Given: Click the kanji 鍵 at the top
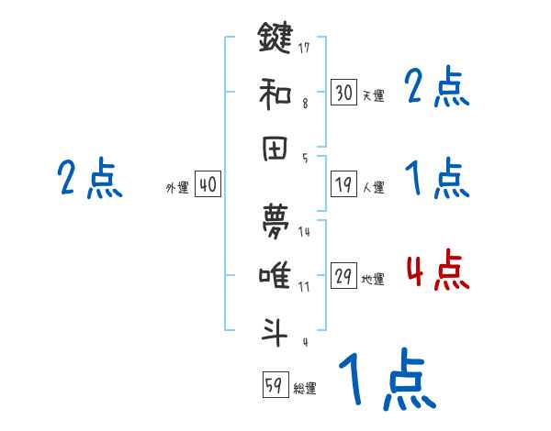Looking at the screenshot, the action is pyautogui.click(x=275, y=39).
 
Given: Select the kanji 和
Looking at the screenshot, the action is pyautogui.click(x=275, y=93).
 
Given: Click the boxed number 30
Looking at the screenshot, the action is pyautogui.click(x=343, y=92).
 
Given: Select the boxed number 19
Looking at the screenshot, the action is pyautogui.click(x=343, y=184).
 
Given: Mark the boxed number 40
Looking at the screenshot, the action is pyautogui.click(x=207, y=185).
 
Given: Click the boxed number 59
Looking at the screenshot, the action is pyautogui.click(x=274, y=385).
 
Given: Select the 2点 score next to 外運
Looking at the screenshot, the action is pyautogui.click(x=89, y=178).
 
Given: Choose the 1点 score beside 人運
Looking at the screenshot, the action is pyautogui.click(x=436, y=178).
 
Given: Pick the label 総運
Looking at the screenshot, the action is pyautogui.click(x=304, y=389).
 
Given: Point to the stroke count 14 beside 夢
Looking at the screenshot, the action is pyautogui.click(x=304, y=231).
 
